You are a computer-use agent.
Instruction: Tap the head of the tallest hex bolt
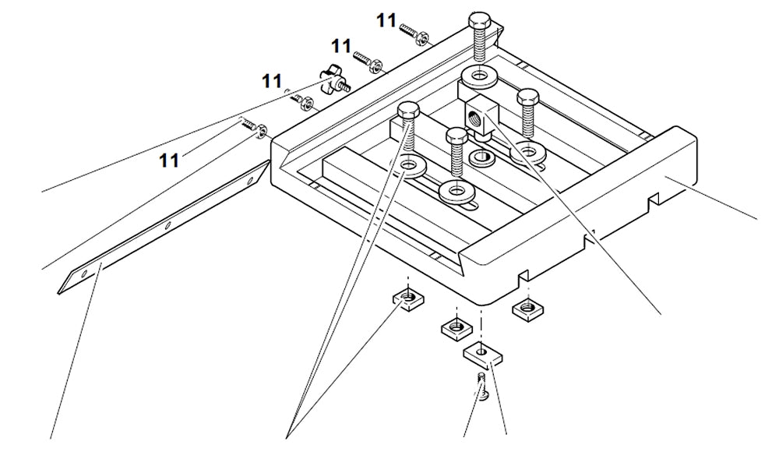pos(479,21)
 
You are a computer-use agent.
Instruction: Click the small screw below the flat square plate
pos(481,387)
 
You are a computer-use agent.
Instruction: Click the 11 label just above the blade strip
pos(169,160)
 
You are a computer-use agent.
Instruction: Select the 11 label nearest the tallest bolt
pos(386,20)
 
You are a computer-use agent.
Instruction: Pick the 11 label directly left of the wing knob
pos(271,80)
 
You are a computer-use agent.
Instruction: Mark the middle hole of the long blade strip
pos(167,225)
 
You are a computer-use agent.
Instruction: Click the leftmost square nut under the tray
pos(407,298)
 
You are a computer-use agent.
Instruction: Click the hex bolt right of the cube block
pos(528,109)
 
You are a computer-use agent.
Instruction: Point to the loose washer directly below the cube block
pos(481,157)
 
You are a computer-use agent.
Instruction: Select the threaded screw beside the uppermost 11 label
pos(411,32)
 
